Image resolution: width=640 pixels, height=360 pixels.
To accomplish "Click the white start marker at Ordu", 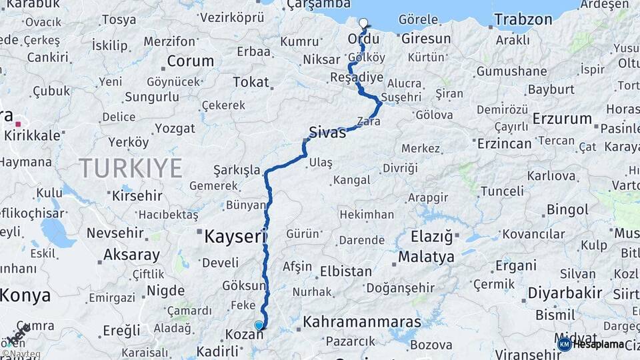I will point(363,23).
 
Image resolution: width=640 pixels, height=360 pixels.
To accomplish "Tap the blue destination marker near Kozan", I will point(259,325).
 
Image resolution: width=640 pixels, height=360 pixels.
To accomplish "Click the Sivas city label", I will point(327,132).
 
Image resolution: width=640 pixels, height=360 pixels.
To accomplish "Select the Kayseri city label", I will point(233,236).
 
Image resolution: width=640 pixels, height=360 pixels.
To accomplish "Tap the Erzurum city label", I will point(562,119).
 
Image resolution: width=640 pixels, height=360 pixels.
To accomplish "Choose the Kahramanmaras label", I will point(362,322).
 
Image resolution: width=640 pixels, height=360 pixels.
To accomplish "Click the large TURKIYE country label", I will point(131,168).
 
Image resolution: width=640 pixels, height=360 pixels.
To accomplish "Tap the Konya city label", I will point(25,295).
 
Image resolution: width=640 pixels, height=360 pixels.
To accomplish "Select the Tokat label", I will point(250,83).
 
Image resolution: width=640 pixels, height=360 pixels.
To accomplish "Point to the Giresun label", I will point(426,39).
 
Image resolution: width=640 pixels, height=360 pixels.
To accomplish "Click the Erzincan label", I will point(504,143).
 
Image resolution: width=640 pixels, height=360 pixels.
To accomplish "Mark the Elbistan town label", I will point(345,271).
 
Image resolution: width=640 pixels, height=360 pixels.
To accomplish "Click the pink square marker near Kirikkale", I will point(19,123).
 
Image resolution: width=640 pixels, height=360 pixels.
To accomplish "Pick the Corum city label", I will point(190,61).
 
